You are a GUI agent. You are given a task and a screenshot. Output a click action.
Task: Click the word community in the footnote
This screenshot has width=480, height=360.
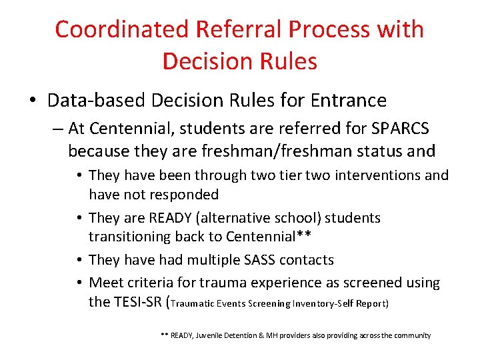(412, 336)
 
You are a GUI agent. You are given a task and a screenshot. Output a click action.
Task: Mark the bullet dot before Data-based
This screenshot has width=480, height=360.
(32, 101)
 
